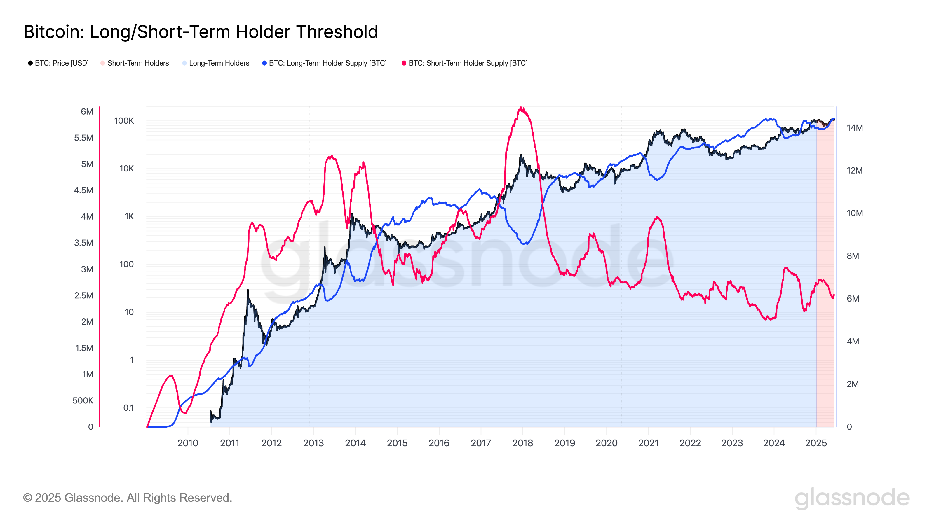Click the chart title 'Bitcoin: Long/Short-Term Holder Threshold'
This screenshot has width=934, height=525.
click(x=201, y=32)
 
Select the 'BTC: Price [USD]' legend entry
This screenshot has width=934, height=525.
click(x=58, y=63)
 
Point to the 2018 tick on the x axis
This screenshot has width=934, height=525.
click(x=522, y=443)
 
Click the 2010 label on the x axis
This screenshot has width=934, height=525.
click(x=187, y=443)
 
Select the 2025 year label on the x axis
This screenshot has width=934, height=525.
click(x=815, y=443)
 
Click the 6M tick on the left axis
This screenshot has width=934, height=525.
click(x=87, y=112)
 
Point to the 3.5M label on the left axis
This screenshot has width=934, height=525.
click(x=83, y=243)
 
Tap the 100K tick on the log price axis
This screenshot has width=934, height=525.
click(x=124, y=121)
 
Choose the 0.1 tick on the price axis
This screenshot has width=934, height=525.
click(x=128, y=408)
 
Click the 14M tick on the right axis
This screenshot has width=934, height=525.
click(x=854, y=127)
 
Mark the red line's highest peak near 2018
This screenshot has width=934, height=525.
click(x=521, y=108)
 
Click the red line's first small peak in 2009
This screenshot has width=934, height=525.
click(x=171, y=376)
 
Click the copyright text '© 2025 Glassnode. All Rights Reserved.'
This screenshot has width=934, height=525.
click(x=127, y=498)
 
